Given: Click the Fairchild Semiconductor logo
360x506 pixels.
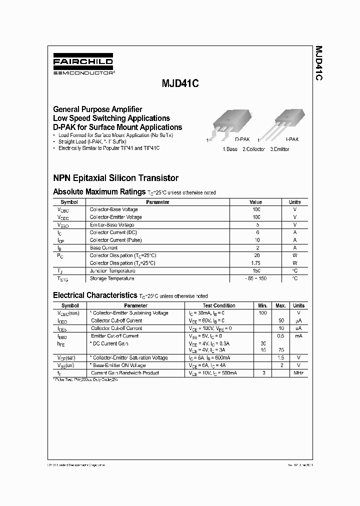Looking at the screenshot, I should click(83, 66).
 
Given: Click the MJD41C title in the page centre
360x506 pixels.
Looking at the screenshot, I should click(179, 85).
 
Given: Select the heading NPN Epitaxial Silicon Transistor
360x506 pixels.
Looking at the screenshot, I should click(115, 177).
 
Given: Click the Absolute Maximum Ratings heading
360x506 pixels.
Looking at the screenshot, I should click(99, 191).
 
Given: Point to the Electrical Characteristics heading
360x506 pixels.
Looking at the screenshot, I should click(94, 295).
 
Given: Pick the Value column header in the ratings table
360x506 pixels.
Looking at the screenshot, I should click(255, 202).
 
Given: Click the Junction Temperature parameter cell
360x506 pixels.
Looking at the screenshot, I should click(112, 270).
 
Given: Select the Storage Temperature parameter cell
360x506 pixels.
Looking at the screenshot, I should click(111, 278).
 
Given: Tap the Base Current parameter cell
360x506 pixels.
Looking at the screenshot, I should click(103, 247).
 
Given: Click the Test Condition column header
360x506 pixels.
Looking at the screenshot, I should click(219, 305).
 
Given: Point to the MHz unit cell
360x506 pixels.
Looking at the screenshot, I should click(298, 373).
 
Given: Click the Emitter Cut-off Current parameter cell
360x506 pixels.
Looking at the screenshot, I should click(114, 336).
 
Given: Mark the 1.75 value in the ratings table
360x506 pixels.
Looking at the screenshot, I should click(256, 262).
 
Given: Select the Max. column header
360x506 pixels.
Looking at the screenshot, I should click(281, 305).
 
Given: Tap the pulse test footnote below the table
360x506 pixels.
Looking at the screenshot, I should click(85, 380).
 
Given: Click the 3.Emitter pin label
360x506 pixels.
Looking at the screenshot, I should click(279, 149).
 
